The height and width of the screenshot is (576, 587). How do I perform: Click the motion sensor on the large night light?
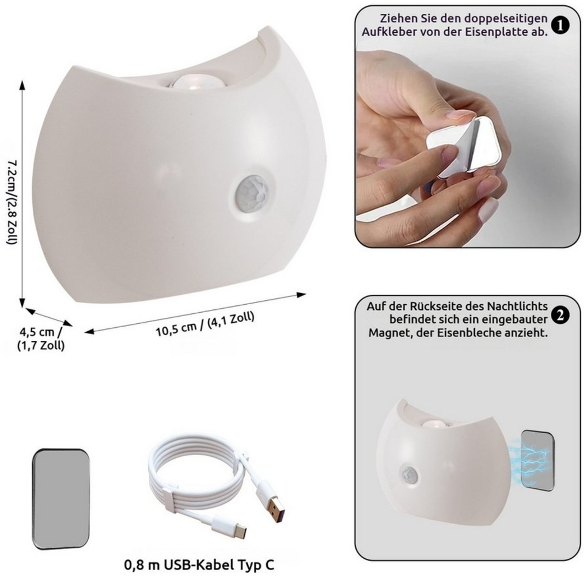252,192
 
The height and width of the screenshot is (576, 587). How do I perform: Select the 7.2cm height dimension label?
13,203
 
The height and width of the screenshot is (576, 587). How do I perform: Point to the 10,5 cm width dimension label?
205,324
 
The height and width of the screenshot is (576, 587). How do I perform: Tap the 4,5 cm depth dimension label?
41,339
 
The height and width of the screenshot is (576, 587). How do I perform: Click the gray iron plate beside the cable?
61,500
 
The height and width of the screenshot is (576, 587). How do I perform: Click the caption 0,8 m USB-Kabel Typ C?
199,564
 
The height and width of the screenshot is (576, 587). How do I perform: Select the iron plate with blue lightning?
537,461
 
